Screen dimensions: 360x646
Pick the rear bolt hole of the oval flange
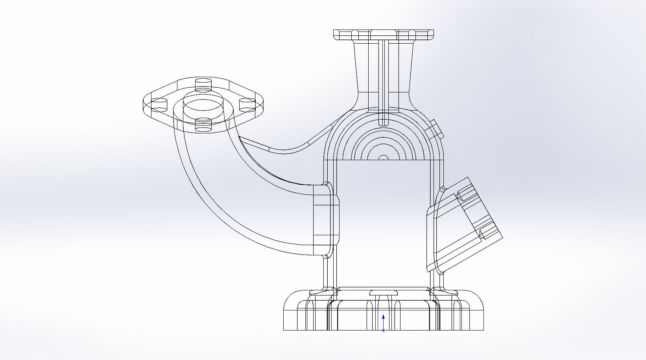click(203, 84)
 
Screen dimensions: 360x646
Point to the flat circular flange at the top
click(384, 34)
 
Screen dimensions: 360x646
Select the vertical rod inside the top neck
click(383, 79)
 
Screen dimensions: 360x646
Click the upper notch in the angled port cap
click(465, 194)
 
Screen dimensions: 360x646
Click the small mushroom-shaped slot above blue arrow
click(384, 293)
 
